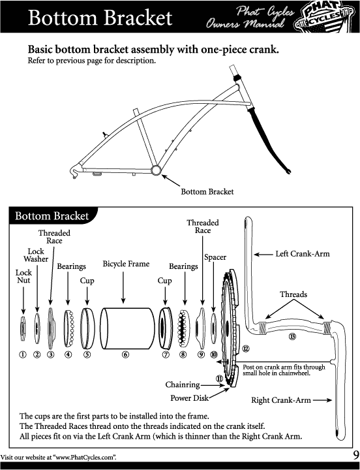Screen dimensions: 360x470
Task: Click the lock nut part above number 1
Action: coord(23,328)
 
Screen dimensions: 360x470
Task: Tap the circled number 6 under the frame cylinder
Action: coord(125,354)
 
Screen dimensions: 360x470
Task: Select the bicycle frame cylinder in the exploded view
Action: coord(127,328)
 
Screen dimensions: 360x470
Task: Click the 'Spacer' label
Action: coord(215,257)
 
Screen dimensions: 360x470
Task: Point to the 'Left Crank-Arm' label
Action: coord(303,254)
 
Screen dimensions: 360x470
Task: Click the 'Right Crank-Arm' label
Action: coord(281,400)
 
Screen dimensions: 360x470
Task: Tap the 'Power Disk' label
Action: coord(189,398)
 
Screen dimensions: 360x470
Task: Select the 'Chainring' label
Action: coord(183,384)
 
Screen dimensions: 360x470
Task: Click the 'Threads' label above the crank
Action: coord(293,294)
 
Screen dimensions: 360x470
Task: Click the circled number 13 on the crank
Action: coord(292,336)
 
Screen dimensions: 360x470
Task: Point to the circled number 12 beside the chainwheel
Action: coord(246,349)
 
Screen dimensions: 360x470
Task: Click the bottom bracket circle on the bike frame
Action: coord(156,170)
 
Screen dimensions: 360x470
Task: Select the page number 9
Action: coord(356,456)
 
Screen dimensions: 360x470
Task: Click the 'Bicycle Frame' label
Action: coord(126,264)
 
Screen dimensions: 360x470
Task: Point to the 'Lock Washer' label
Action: coord(36,255)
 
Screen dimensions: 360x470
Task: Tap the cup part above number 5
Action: coord(87,328)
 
